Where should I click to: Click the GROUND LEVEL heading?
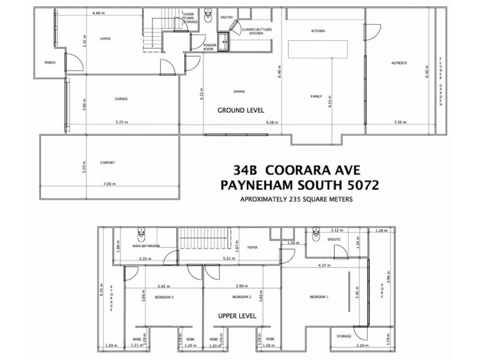tap(241, 110)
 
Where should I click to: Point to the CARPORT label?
tap(107, 163)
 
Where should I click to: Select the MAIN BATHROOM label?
tap(146, 245)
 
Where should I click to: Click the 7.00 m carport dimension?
tap(109, 183)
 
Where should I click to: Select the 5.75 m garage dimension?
tap(122, 122)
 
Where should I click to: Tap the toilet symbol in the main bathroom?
tap(142, 233)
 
